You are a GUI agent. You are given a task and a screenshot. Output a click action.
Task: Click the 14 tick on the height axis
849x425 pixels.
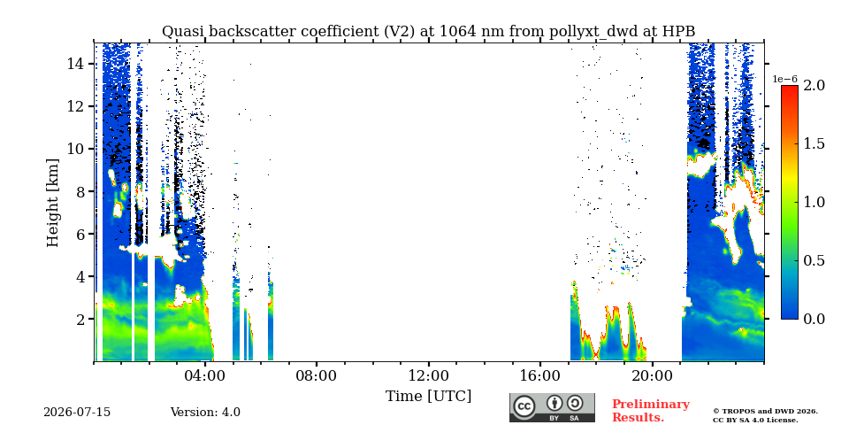75,64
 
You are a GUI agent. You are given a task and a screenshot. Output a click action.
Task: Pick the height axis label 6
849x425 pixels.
80,234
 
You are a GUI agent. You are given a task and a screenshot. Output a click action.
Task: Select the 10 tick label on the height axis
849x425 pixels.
75,149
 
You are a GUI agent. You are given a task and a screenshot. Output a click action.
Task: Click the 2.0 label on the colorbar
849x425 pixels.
814,85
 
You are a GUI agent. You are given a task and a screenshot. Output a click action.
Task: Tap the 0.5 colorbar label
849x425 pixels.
814,260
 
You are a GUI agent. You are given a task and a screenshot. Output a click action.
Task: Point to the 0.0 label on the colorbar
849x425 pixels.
814,319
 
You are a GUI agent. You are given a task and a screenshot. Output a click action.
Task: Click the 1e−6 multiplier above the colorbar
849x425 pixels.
785,79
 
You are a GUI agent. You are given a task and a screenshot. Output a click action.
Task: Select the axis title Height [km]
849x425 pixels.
52,203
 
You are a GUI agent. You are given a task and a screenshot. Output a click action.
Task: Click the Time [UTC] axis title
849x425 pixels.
428,396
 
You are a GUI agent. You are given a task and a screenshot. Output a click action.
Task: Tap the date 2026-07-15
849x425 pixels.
77,412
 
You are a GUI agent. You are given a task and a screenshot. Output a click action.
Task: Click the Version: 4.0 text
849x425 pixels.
205,412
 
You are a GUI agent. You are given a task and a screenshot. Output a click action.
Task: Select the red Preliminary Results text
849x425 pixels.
650,410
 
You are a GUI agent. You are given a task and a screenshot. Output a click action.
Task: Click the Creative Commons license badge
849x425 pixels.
552,407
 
